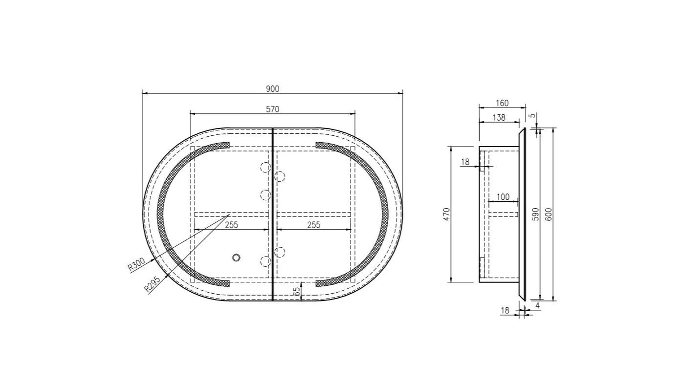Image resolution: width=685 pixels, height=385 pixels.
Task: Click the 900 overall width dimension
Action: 272,88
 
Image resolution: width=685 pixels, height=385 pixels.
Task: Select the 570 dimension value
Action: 272,109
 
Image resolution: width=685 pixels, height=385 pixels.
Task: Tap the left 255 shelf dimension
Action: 231,225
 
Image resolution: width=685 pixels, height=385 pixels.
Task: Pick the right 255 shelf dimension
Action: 313,225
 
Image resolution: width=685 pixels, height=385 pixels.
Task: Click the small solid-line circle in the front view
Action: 237,257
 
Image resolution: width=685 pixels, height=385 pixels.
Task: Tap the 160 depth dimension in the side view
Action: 502,103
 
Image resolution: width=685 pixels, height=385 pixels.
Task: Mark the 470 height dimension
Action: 446,214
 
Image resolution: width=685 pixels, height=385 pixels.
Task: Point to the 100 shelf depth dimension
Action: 503,197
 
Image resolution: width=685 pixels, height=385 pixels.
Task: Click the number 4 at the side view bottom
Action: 537,305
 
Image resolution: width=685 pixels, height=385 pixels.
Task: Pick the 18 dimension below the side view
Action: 505,310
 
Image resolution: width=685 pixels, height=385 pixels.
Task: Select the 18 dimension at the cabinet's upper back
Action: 465,162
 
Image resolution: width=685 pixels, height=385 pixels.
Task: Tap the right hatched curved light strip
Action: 382,215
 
